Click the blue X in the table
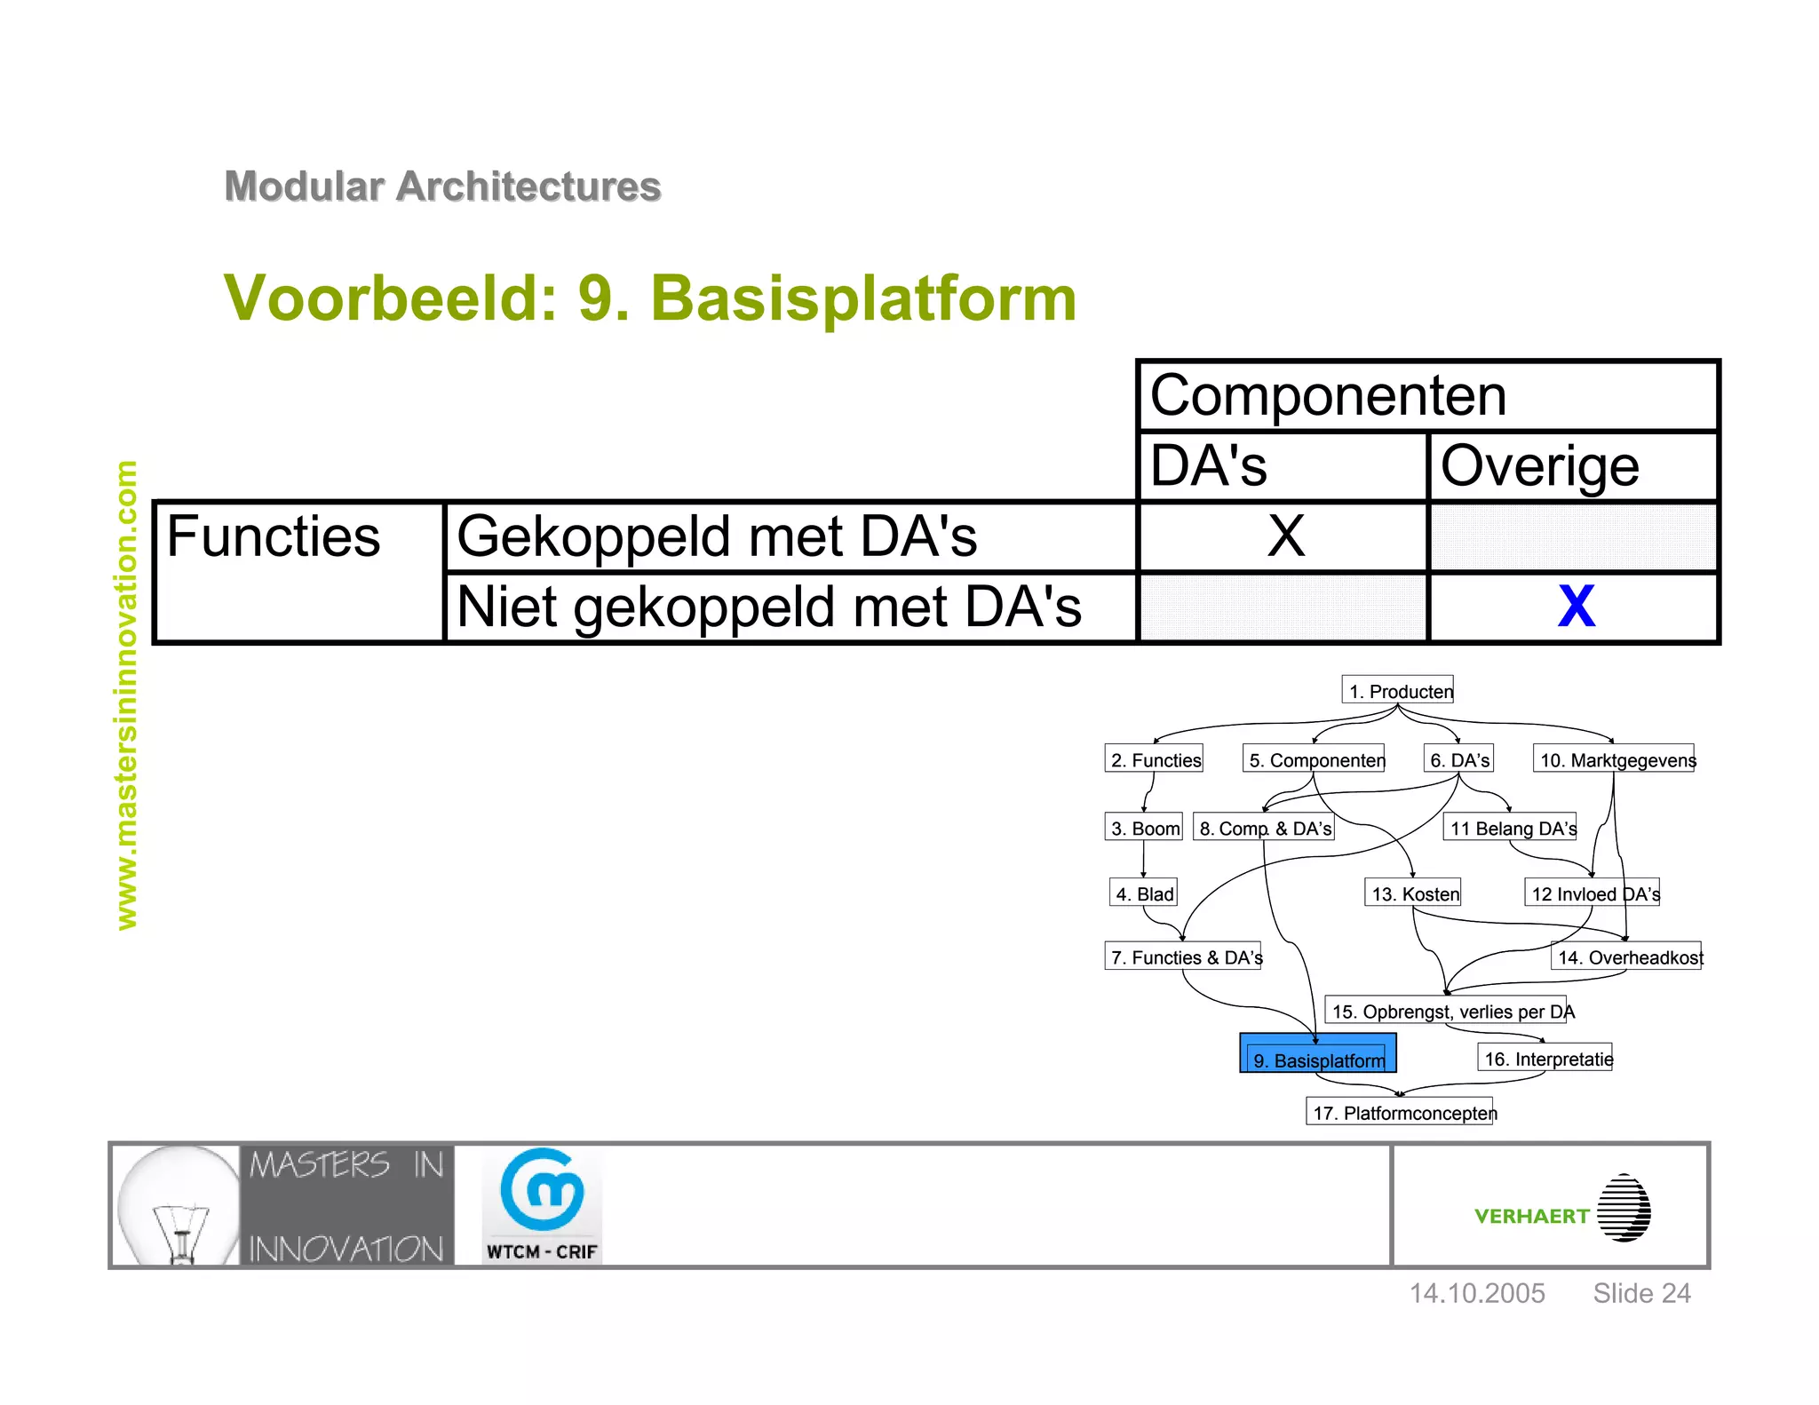tap(1576, 607)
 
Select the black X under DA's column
tap(1285, 536)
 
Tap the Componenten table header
tap(1328, 395)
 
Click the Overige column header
tap(1539, 466)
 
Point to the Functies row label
tap(274, 536)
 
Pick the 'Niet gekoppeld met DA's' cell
tap(768, 607)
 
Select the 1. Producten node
tap(1398, 690)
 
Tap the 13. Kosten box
tap(1413, 893)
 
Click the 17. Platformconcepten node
tap(1402, 1112)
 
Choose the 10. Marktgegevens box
tap(1615, 759)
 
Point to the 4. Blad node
tap(1144, 893)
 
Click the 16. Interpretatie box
tap(1546, 1058)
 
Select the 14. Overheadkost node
tap(1627, 957)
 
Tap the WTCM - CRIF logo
tap(542, 1205)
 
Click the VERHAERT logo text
tap(1531, 1216)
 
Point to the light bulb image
tap(178, 1205)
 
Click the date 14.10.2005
tap(1477, 1293)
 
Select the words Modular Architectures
tap(442, 187)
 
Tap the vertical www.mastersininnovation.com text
tap(127, 695)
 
